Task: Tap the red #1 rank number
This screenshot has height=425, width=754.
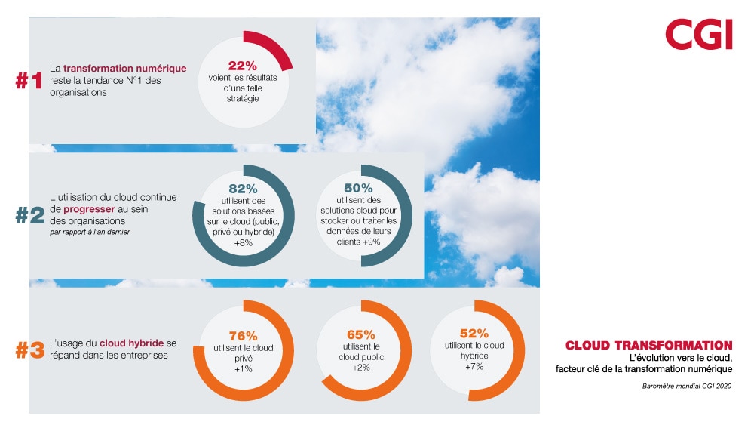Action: pos(29,81)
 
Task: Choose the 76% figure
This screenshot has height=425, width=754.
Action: pos(243,335)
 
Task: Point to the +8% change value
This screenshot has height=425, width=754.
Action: pos(243,243)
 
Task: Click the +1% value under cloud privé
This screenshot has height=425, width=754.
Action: pos(243,369)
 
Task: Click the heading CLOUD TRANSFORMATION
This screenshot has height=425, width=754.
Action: pos(648,346)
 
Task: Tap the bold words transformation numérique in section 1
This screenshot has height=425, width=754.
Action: pos(124,69)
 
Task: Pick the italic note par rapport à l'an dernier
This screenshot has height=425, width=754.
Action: pos(90,232)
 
